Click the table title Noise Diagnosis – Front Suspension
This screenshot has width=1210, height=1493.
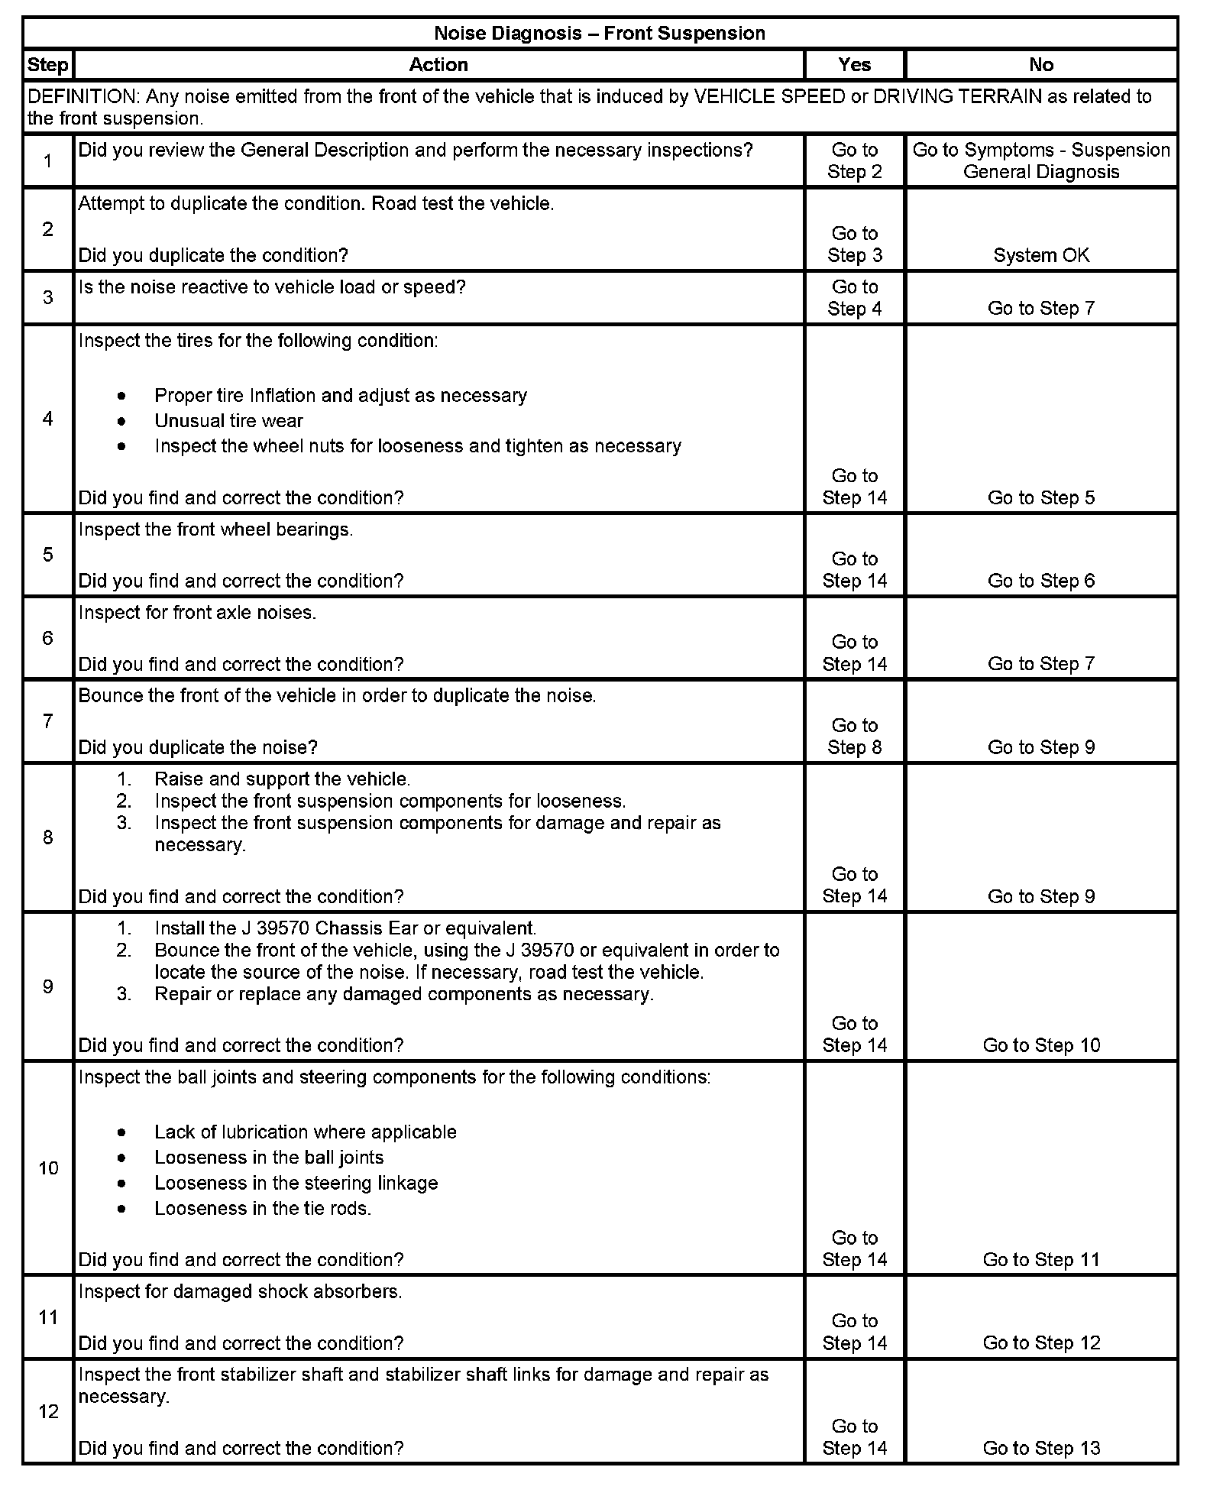coord(599,34)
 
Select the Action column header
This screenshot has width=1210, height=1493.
coord(438,65)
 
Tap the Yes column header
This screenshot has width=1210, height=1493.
coord(854,65)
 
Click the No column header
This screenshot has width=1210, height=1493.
coord(1040,65)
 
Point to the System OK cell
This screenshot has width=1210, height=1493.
coord(1040,256)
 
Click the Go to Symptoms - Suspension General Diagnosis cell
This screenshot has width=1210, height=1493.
coord(1040,161)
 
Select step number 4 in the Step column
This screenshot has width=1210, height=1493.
coord(48,419)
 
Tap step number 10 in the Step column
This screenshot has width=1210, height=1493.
coord(48,1168)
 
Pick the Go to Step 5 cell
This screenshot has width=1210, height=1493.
coord(1040,498)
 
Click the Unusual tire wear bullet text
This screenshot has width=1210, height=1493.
coord(228,421)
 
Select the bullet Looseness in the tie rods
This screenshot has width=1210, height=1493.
coord(262,1209)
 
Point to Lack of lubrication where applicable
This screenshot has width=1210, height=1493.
coord(305,1132)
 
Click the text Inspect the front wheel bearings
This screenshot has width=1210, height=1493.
coord(215,530)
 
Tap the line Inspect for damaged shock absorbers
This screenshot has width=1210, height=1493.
coord(240,1292)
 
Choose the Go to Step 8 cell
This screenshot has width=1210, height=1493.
coord(854,737)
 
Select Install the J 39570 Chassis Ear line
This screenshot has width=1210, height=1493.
coord(345,929)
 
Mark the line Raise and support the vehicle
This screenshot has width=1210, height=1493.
coord(282,779)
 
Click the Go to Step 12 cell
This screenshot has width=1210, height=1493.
coord(1040,1343)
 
